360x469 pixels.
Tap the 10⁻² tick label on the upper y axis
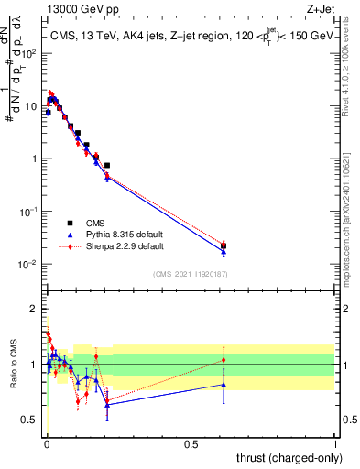(27, 265)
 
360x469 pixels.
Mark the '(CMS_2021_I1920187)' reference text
(191, 274)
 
